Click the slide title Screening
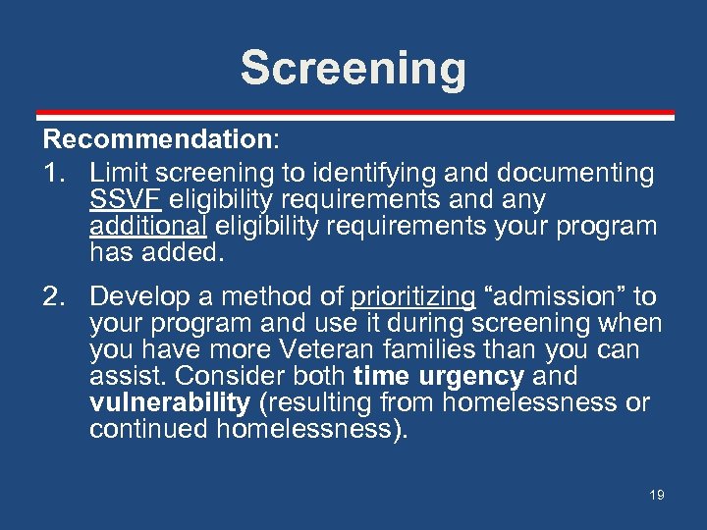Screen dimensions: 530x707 353,69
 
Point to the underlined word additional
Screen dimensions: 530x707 147,227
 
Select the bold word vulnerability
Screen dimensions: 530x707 169,403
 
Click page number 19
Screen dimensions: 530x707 656,495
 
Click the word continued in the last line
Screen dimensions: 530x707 147,430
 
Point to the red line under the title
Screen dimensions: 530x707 353,114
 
